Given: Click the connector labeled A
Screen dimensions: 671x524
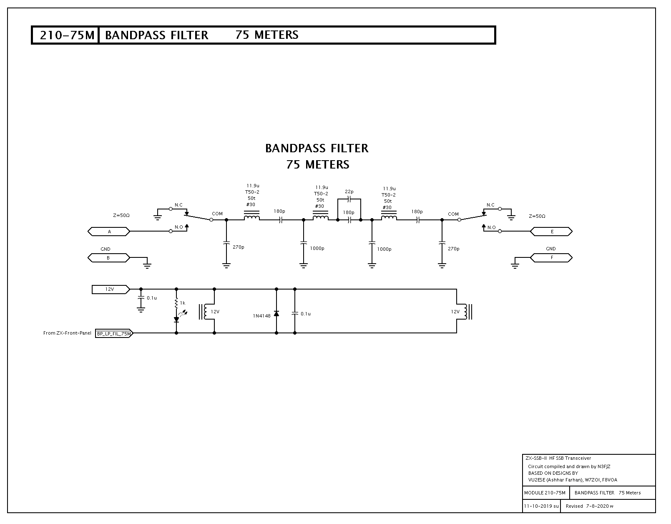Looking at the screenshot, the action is [x=109, y=232].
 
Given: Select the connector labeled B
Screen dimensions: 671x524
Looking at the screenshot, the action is [x=109, y=258].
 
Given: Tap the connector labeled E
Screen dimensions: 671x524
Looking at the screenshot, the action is [x=551, y=232].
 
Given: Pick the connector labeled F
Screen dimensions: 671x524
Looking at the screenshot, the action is [x=551, y=257].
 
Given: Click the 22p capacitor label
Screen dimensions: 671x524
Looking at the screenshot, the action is [x=349, y=192].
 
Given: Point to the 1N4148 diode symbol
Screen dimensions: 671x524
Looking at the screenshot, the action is [x=276, y=314].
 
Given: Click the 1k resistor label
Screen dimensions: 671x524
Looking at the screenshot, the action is [x=183, y=303].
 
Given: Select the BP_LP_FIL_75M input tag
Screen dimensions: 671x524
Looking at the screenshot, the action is [x=114, y=333].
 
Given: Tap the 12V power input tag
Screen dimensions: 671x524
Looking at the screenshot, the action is [x=111, y=290].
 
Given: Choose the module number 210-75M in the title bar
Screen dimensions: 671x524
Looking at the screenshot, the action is [x=67, y=35].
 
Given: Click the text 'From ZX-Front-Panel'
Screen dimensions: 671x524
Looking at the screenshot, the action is [x=67, y=333].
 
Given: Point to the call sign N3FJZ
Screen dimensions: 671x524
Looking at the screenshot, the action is [x=604, y=466].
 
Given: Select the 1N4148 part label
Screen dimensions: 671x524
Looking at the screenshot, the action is [x=261, y=316].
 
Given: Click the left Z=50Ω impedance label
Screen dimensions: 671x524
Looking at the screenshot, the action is [x=121, y=216].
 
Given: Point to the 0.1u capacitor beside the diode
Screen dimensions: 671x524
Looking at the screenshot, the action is [x=295, y=314].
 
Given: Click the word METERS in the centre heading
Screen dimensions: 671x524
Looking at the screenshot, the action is [x=327, y=164].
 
